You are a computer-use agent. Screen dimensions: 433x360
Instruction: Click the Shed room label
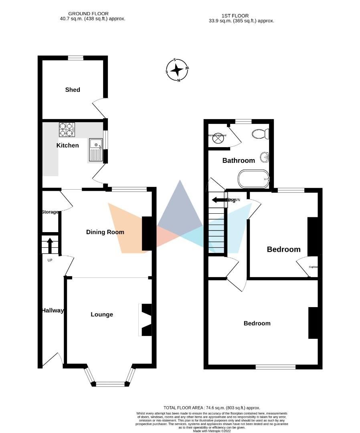(73, 90)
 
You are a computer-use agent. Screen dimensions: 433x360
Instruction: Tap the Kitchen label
(67, 146)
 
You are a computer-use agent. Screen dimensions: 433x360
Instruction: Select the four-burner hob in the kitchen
(67, 129)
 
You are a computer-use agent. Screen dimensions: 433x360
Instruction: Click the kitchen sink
(95, 150)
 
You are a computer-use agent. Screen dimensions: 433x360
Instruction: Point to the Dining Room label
(105, 232)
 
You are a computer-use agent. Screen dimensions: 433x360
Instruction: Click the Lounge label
(101, 315)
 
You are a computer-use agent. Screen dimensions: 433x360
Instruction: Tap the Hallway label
(53, 310)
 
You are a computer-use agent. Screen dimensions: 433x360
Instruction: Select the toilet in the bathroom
(261, 134)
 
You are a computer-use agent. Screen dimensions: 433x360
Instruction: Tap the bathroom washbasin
(264, 158)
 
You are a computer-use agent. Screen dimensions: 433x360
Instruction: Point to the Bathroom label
(239, 161)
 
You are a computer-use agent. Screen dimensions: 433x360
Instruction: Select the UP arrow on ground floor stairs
(50, 245)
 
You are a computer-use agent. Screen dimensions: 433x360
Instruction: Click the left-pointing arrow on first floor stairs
(219, 200)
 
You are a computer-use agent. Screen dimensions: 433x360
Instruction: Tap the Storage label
(50, 212)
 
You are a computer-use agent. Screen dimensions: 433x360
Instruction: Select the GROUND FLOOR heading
(88, 14)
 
